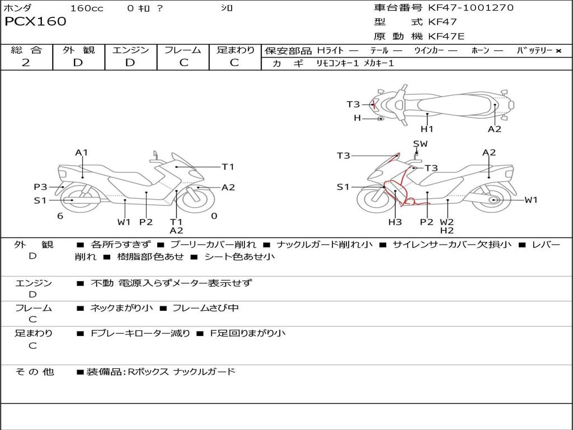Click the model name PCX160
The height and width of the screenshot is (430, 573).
pyautogui.click(x=35, y=22)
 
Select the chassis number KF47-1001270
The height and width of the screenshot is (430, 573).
pyautogui.click(x=471, y=8)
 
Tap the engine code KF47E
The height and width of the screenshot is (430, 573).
pyautogui.click(x=447, y=36)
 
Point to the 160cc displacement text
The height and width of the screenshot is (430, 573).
pyautogui.click(x=87, y=8)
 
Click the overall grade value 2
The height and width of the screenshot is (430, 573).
pyautogui.click(x=26, y=63)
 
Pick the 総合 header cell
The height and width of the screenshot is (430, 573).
pyautogui.click(x=26, y=50)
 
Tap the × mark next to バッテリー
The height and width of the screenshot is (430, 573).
pyautogui.click(x=558, y=51)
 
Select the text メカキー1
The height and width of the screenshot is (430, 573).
pyautogui.click(x=379, y=63)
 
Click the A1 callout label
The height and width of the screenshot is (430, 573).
pyautogui.click(x=82, y=153)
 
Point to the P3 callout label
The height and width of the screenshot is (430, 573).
pyautogui.click(x=40, y=187)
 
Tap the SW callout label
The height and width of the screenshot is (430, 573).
pyautogui.click(x=420, y=144)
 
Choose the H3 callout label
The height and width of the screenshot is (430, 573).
pyautogui.click(x=395, y=222)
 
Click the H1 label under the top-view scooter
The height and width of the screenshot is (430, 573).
pyautogui.click(x=427, y=129)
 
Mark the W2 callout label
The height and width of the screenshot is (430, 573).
pyautogui.click(x=447, y=222)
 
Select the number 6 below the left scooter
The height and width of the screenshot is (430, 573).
pyautogui.click(x=60, y=216)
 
